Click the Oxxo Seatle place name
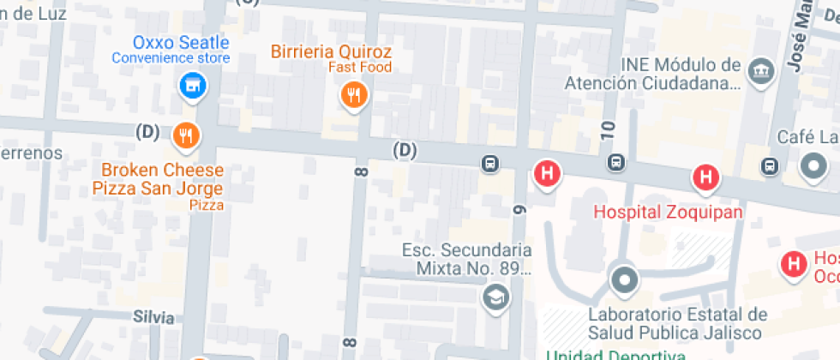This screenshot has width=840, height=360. point(181,42)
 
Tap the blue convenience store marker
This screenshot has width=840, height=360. point(194,85)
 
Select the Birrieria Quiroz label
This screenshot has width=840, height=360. point(331,51)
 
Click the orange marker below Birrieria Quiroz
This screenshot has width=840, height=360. point(353,94)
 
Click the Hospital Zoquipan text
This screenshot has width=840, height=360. point(668,211)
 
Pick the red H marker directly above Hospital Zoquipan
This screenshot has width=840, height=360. point(705,177)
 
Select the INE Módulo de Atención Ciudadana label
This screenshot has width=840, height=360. point(652,75)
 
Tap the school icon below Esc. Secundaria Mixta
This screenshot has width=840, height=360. point(495,297)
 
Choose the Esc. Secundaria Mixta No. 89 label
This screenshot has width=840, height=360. point(467,259)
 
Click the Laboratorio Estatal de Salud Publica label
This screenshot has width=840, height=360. point(676,323)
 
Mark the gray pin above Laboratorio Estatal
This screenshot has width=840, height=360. point(624,279)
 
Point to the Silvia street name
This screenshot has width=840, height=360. point(153,317)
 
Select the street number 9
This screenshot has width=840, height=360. point(518,208)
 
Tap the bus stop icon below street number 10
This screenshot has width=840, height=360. point(615,162)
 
